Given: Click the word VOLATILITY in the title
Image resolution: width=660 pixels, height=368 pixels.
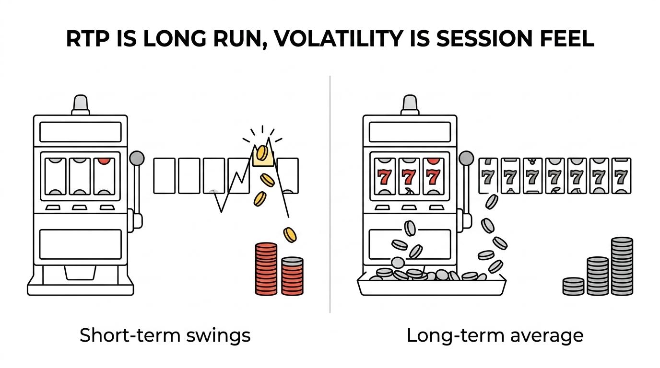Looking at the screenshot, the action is (x=337, y=38).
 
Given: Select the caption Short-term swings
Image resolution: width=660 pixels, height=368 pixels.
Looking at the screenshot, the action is (x=165, y=335).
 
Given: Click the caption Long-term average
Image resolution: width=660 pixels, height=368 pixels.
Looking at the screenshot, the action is (x=495, y=335).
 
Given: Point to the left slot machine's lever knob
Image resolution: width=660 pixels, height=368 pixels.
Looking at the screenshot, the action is (x=137, y=158).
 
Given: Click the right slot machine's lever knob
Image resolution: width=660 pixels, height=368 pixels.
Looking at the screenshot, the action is (x=466, y=158).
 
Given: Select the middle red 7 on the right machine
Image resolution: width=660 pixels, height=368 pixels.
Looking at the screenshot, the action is (x=409, y=177).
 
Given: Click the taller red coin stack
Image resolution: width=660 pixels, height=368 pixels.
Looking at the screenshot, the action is (x=266, y=269).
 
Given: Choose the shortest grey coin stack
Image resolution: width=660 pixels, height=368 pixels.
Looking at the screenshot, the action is (x=573, y=287).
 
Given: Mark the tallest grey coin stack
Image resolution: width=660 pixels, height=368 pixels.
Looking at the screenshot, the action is (x=622, y=266).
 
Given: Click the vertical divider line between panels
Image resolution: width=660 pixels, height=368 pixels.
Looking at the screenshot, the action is (x=330, y=195).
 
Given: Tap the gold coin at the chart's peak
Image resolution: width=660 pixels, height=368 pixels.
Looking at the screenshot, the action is (x=262, y=153).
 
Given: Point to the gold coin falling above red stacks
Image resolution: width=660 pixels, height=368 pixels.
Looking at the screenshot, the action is (x=290, y=235).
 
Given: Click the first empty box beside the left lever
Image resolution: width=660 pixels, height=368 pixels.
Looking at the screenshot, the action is (x=165, y=176).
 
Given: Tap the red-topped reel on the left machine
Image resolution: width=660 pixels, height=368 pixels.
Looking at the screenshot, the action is (x=104, y=176).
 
